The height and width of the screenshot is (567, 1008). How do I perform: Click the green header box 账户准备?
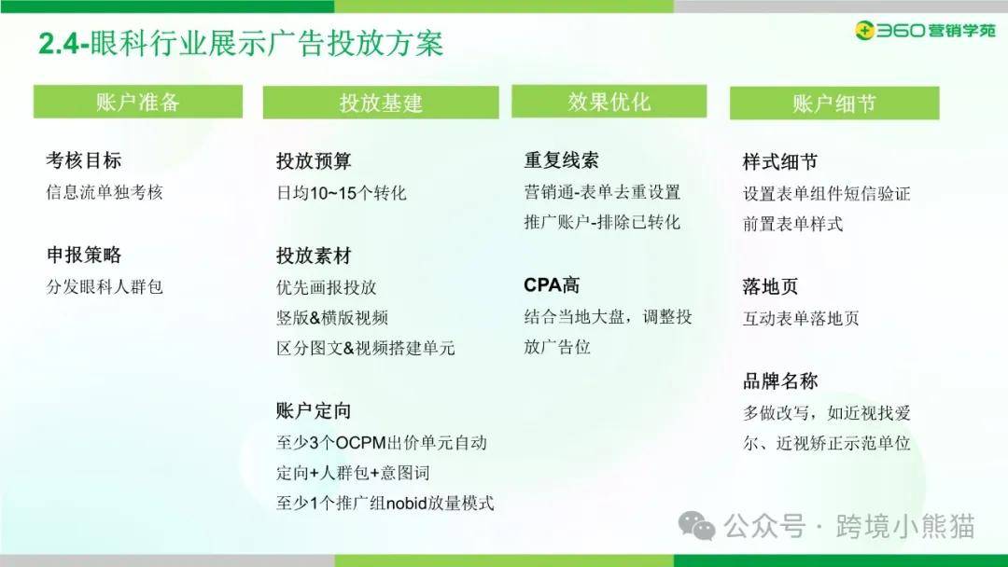[138, 102]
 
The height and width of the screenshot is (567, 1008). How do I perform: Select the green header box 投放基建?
[381, 102]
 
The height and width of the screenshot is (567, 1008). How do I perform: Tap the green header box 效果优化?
[609, 102]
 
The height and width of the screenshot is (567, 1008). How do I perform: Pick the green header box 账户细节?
[834, 103]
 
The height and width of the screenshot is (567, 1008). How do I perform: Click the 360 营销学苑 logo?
[924, 30]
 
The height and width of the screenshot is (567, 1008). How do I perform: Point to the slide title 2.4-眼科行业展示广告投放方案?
[241, 44]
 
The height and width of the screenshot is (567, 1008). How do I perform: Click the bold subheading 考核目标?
[84, 160]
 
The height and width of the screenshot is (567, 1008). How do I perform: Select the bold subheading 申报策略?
[84, 255]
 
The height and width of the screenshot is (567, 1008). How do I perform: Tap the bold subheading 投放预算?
[314, 160]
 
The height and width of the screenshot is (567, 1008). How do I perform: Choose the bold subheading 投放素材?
[314, 256]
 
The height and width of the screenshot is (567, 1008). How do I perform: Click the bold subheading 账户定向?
[314, 410]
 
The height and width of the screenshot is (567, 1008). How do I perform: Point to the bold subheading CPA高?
[552, 284]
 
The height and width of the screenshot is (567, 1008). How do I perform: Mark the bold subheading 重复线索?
[561, 159]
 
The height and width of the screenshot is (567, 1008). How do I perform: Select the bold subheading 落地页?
[770, 286]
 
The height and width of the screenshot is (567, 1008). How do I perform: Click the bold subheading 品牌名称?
[780, 380]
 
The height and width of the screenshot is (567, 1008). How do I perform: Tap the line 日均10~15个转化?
[342, 193]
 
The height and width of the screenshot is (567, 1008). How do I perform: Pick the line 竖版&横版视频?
[332, 318]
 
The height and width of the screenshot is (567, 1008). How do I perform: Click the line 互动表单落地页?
[801, 318]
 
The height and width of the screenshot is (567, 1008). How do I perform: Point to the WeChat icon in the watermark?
[697, 527]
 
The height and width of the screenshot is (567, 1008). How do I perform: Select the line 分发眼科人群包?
[105, 286]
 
